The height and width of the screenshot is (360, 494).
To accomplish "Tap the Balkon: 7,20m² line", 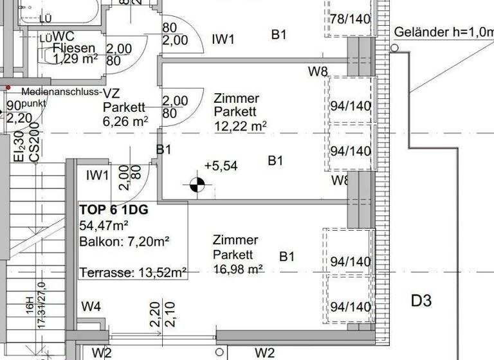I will [124, 242].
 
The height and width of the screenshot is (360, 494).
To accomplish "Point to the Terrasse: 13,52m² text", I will [133, 273].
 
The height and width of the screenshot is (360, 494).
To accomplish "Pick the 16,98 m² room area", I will [237, 269].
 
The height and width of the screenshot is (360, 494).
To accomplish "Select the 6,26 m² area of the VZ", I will [125, 120].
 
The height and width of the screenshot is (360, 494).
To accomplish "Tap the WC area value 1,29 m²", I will [74, 60].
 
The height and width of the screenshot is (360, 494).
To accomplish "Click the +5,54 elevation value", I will [221, 166].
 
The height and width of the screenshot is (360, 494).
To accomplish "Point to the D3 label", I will [421, 300].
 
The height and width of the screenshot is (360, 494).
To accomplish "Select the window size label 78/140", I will [351, 19].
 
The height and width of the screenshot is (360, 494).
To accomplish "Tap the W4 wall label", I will [91, 307].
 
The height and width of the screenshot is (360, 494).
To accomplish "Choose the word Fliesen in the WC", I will [75, 48].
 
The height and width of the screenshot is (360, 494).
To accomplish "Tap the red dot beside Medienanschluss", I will [8, 87].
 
